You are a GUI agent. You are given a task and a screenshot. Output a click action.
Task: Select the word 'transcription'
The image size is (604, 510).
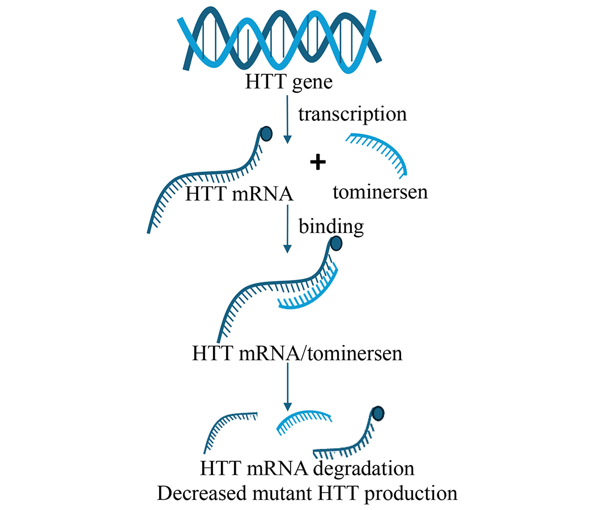[x=352, y=113]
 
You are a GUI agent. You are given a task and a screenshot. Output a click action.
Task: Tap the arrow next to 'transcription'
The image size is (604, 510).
[x=288, y=119]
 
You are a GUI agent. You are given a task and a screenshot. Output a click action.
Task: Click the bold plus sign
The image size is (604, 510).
[x=318, y=163]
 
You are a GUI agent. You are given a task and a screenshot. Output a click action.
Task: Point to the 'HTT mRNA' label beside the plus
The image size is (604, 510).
[x=239, y=194]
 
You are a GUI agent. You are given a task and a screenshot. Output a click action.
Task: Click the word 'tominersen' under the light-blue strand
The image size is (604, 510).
[x=380, y=192]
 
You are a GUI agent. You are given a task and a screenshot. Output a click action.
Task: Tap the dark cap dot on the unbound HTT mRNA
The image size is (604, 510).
[x=266, y=134]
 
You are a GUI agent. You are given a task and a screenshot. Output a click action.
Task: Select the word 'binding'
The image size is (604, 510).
[x=331, y=226]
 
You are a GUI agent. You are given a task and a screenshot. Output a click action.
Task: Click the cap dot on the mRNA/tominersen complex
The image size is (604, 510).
[x=335, y=244]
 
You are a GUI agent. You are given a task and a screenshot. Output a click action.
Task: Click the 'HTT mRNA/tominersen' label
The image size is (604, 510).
[x=297, y=354]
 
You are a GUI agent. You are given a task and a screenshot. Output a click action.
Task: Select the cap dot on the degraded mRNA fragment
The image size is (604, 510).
[x=377, y=413]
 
